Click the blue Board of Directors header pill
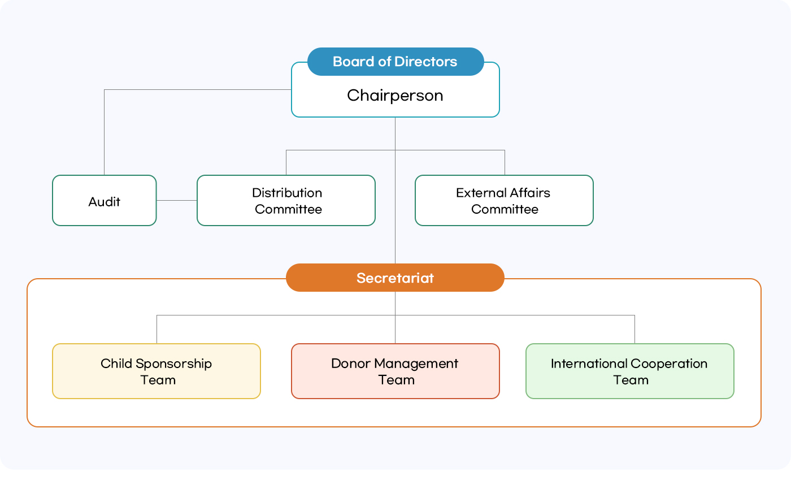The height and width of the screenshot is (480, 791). [x=395, y=62]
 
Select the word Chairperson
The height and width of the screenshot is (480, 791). [x=395, y=95]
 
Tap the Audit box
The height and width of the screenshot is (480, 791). [x=104, y=201]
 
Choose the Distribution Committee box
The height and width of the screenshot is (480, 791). [x=286, y=201]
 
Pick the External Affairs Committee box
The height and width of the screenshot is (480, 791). [x=504, y=201]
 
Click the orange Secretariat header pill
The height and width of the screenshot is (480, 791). [x=395, y=278]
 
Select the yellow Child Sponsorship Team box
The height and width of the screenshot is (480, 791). [x=157, y=371]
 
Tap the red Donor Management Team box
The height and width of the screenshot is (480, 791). [x=395, y=371]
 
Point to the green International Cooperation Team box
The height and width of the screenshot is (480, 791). [x=629, y=371]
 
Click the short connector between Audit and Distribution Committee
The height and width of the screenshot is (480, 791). [x=176, y=200]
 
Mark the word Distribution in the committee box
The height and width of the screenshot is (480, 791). [x=287, y=193]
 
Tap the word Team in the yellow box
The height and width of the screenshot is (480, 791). [x=158, y=380]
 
